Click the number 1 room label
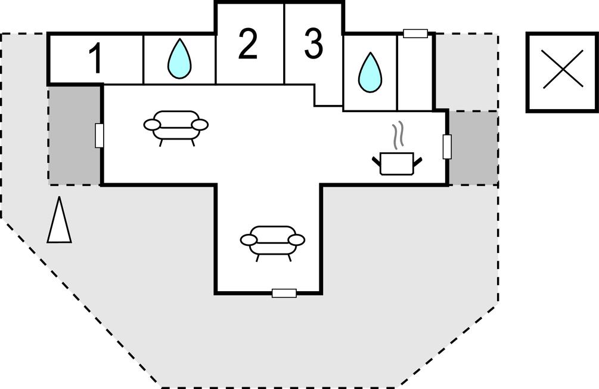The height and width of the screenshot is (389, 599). coord(95,58)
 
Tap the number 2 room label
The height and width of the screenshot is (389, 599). coord(247,45)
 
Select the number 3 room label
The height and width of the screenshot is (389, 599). coord(314,45)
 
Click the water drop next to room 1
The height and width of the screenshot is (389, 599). coord(179,59)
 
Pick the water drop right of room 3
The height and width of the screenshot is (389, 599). coord(370,72)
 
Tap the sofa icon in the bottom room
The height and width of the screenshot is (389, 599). coord(272,239)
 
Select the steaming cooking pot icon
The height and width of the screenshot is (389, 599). coord(396,162)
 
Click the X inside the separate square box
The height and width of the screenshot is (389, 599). coord(562,72)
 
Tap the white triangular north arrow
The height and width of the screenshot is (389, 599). coord(59,221)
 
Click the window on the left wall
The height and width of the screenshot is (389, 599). coord(100,135)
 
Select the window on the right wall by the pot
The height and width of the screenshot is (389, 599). coord(447,147)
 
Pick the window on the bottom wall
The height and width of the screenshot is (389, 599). coord(284,293)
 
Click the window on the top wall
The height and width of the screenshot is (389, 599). coord(415,33)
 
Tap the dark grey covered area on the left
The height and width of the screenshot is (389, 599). coord(75,135)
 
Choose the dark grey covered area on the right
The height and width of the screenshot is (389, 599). coord(473,147)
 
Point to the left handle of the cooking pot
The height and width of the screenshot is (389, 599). coord(376,160)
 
